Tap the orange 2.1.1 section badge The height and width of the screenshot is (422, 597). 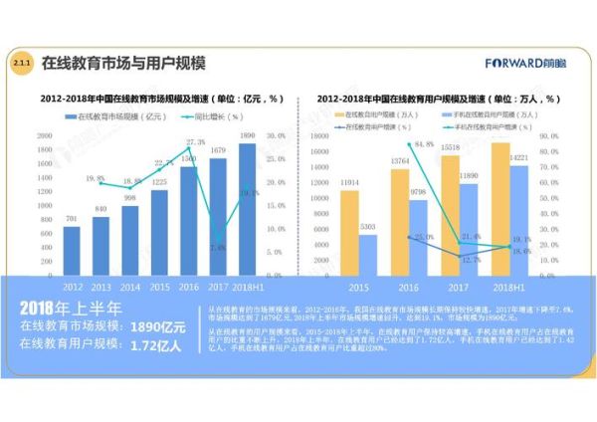coord(21,63)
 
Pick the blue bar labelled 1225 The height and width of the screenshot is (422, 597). coord(159,229)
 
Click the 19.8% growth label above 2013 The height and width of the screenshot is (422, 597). coord(96,179)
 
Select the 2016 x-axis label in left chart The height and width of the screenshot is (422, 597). coord(188,283)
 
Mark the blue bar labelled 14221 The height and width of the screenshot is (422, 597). coord(518,218)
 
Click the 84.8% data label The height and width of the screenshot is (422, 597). coord(422,144)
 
